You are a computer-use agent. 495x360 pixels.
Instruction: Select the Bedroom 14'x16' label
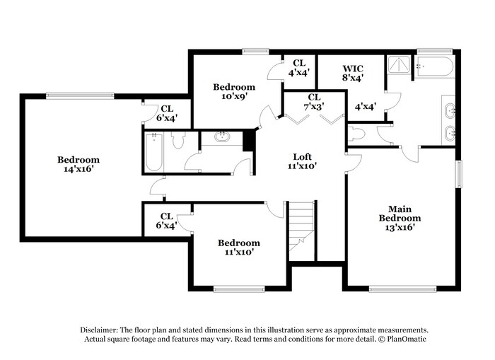click(78, 165)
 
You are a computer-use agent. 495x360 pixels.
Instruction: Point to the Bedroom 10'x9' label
click(234, 92)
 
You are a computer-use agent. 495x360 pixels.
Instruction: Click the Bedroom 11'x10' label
click(238, 247)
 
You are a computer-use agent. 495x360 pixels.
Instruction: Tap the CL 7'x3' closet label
click(314, 101)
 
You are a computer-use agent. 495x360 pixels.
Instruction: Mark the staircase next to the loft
click(301, 226)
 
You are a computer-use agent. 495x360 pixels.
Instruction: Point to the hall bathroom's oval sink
click(221, 137)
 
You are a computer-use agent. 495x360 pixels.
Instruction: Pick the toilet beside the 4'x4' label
click(356, 134)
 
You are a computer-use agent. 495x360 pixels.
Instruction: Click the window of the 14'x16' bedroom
click(80, 95)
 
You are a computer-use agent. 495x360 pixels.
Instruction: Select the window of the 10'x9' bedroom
click(252, 51)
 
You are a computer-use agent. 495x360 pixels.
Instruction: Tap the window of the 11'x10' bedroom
click(239, 288)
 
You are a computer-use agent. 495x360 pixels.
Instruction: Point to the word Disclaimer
click(98, 330)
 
